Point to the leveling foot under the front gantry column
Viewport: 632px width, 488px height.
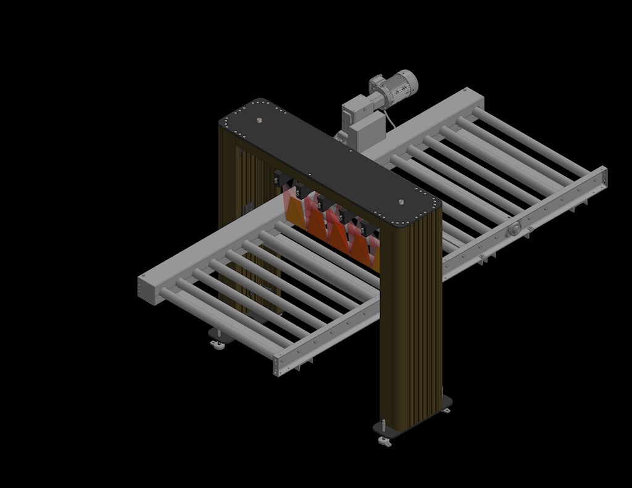(x=384, y=440)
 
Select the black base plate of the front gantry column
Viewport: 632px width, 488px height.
(x=414, y=420)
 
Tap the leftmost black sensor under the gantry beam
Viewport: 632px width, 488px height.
(x=282, y=180)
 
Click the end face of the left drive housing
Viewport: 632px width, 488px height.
(x=149, y=289)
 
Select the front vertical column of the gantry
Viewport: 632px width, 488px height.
(x=410, y=321)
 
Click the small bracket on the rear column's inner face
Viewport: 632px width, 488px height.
(x=249, y=208)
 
